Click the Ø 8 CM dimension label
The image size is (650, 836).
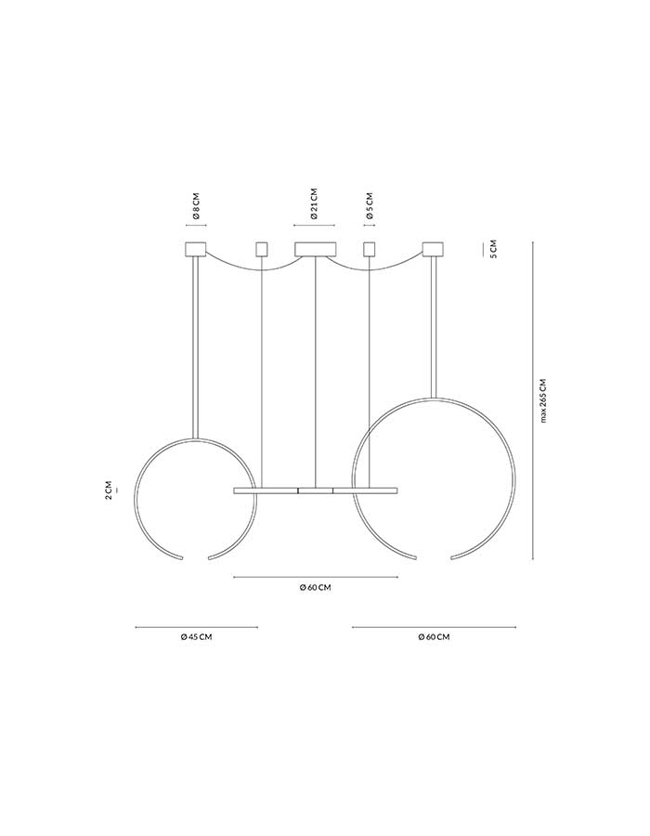tap(196, 207)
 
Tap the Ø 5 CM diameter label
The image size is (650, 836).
tap(370, 207)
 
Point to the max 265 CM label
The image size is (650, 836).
tap(543, 400)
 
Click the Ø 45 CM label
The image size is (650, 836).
tap(196, 636)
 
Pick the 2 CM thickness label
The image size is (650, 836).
tap(108, 490)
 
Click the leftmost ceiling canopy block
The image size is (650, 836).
tap(196, 249)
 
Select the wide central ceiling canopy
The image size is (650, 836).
tap(316, 249)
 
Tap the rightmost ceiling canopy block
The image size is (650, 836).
tap(433, 249)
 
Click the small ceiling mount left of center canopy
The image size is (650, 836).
tap(262, 249)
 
